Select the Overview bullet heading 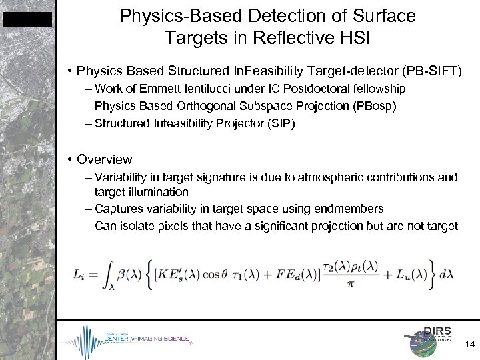104,160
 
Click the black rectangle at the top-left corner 27,19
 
